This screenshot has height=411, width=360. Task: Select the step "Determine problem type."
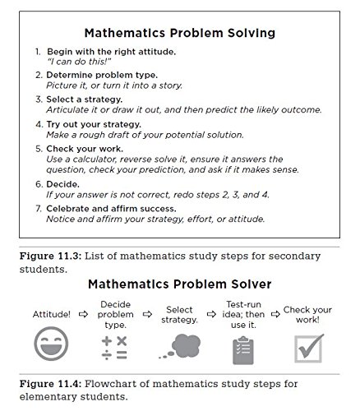click(101, 75)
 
